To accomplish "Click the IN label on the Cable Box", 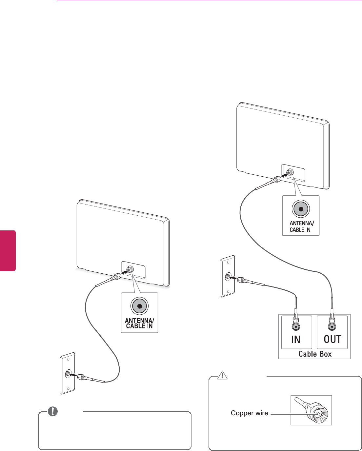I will [x=296, y=340].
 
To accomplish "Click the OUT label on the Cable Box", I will [x=332, y=339].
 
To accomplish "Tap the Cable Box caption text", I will [x=315, y=354].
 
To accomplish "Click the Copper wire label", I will [x=249, y=413].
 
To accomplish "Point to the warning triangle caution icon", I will [x=222, y=375].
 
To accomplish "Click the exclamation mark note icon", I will [x=52, y=411].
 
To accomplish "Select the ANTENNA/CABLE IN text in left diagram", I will [x=139, y=323].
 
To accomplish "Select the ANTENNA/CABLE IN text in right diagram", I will [x=301, y=226].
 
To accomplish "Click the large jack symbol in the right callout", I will [x=301, y=209].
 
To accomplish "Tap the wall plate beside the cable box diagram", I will [x=227, y=276].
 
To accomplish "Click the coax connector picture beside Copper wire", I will [x=311, y=410].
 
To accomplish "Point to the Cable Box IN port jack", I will [x=296, y=326].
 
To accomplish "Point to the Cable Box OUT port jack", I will [x=332, y=326].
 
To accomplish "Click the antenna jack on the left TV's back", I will [x=130, y=269].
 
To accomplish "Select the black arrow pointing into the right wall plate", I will [x=233, y=277].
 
